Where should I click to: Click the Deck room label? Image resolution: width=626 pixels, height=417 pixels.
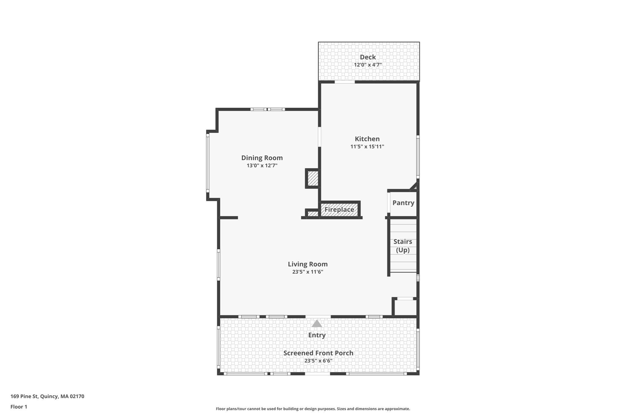point(368,57)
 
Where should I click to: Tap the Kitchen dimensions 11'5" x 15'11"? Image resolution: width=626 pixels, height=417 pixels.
point(367,147)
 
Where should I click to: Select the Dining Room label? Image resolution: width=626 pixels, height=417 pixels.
point(262,158)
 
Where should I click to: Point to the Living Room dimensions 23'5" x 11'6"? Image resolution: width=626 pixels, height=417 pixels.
point(307,272)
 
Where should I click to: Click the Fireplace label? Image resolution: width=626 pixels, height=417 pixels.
point(339,210)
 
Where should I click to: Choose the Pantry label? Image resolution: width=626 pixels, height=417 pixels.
point(403,203)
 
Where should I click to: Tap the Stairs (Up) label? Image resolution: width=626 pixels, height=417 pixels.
point(403,246)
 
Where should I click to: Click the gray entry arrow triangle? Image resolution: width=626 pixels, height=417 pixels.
point(317,324)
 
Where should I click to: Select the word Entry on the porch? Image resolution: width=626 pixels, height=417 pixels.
point(317,335)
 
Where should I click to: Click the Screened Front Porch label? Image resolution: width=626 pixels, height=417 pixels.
point(318,353)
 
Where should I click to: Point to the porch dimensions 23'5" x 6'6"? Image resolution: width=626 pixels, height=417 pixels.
point(318,361)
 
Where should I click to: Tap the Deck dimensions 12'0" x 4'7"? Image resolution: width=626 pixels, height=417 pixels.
point(368,65)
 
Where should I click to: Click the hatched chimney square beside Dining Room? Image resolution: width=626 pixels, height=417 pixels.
point(312,178)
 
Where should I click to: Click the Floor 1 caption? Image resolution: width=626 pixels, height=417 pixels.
point(19,407)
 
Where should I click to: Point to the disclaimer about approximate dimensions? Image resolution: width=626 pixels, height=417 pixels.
point(313,409)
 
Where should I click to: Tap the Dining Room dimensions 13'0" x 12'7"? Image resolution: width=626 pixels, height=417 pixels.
point(262,166)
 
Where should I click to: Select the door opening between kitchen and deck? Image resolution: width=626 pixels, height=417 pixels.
point(344,82)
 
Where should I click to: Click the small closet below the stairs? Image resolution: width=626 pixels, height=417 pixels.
point(405,307)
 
